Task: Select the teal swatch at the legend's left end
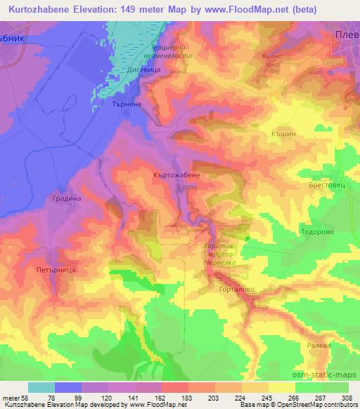click(41, 387)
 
